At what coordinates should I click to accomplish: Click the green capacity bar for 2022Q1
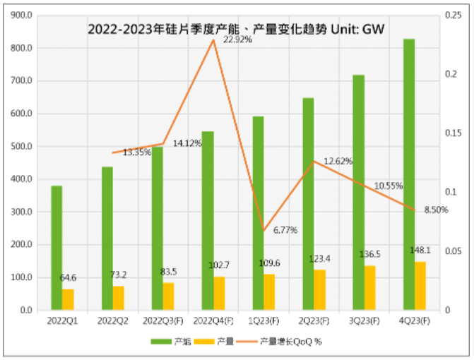point(57,247)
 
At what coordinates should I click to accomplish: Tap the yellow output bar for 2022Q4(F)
point(220,293)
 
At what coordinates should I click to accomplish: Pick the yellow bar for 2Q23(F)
point(320,289)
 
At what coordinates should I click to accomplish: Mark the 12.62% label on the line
point(338,162)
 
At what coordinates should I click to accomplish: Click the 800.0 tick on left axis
point(24,48)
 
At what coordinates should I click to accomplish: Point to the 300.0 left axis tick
point(24,212)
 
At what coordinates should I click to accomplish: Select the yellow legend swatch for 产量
point(211,342)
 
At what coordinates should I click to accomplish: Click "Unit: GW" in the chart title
point(365,30)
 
